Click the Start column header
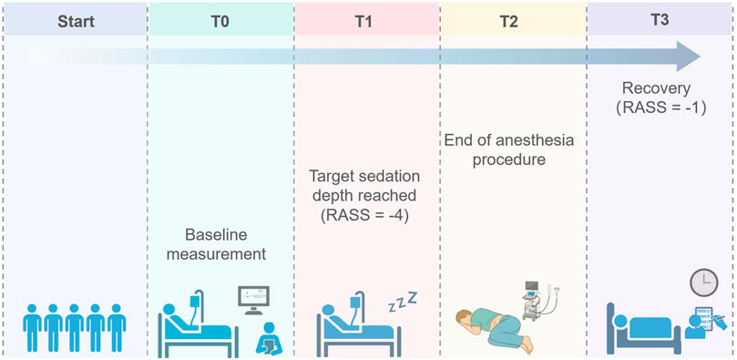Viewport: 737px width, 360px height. tap(74, 18)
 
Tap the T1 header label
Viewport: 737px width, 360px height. tap(367, 18)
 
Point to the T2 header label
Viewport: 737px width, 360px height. tap(513, 18)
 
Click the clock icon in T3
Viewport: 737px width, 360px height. tap(702, 283)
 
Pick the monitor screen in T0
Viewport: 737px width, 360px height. tap(254, 297)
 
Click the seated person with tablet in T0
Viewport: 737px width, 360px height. tap(271, 338)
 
